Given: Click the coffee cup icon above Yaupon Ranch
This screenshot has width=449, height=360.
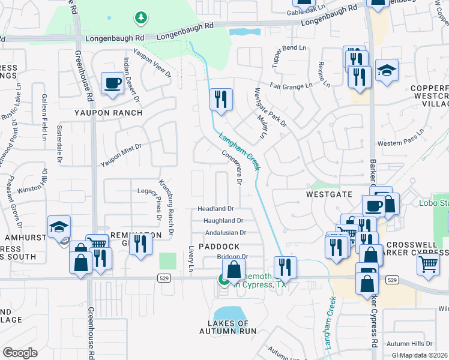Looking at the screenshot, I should (112, 83).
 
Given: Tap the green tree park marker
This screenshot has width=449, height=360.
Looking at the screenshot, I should (141, 18).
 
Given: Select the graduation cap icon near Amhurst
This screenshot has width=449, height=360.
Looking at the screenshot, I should (59, 227).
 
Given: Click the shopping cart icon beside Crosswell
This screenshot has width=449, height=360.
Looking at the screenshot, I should (428, 263).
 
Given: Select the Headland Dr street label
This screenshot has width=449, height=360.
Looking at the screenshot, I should (216, 209).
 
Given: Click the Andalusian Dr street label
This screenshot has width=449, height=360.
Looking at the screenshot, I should (226, 233).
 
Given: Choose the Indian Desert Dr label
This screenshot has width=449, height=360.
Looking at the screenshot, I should (130, 79).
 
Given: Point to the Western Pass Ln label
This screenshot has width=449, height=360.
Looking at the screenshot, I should (397, 144).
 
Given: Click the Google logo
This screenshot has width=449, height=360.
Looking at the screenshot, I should (20, 353).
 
